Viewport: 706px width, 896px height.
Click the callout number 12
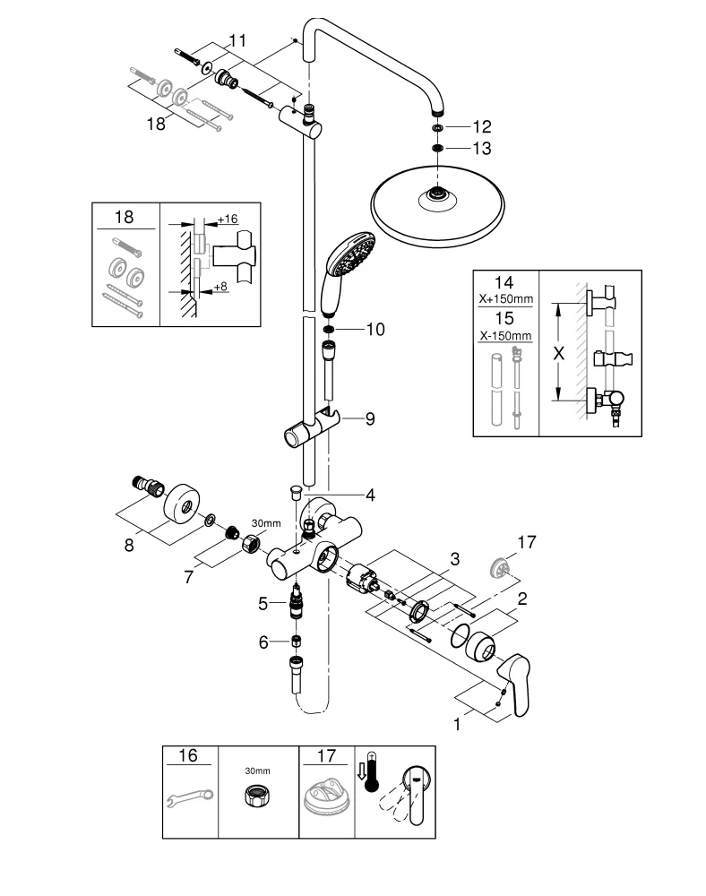pyautogui.click(x=483, y=127)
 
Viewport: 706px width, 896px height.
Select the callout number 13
pyautogui.click(x=483, y=148)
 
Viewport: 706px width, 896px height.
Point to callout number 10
pyautogui.click(x=375, y=330)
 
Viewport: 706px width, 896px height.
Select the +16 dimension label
pyautogui.click(x=228, y=220)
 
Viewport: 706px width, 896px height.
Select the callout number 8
pyautogui.click(x=129, y=544)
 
